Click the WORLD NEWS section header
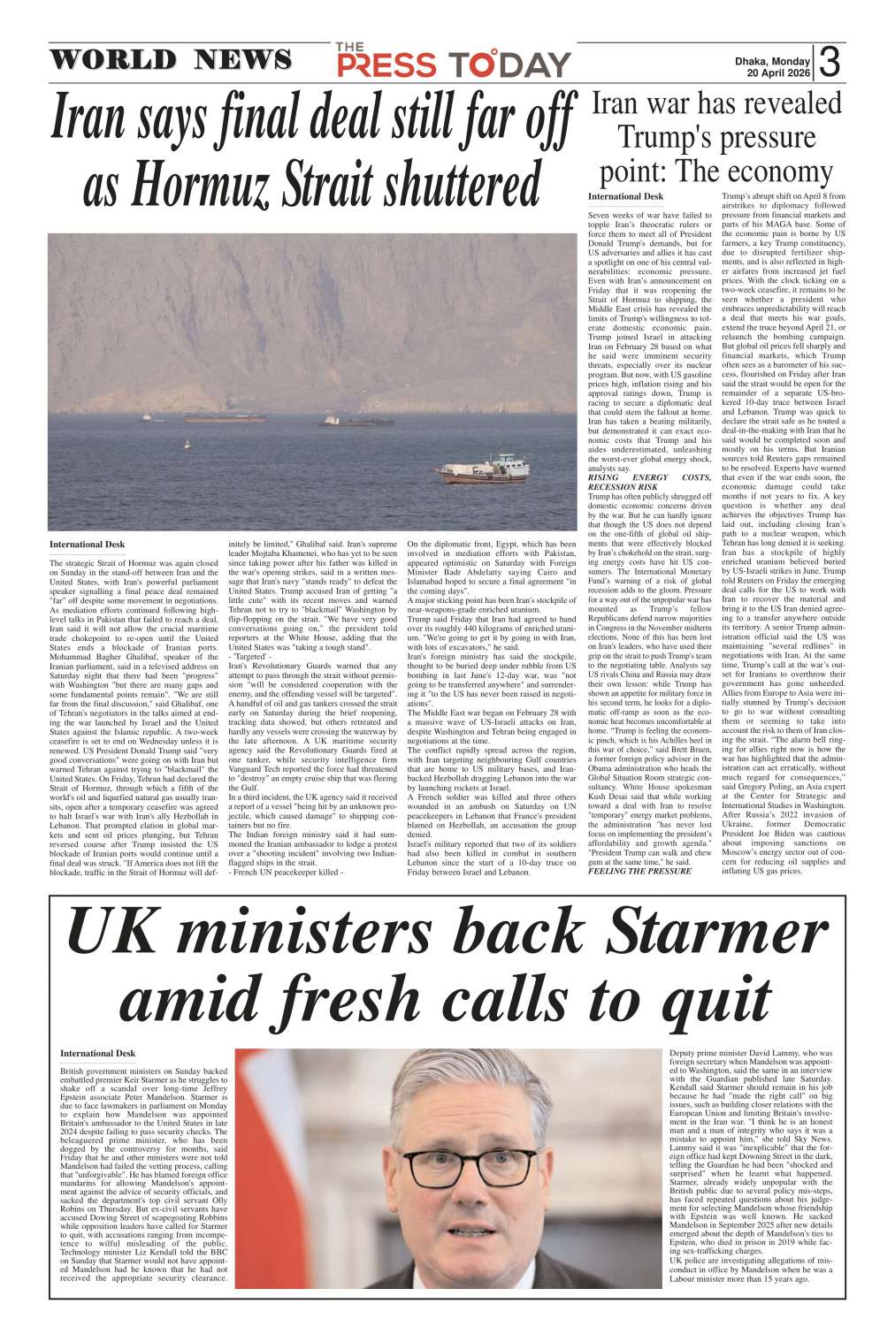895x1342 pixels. pos(170,60)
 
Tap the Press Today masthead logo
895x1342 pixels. pos(453,61)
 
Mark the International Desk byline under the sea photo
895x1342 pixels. pos(87,545)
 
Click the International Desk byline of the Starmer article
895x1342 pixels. pos(97,1053)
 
